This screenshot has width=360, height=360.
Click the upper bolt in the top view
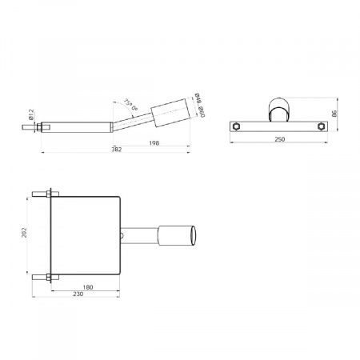coord(42,195)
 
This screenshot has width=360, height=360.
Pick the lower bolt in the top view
coord(42,278)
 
